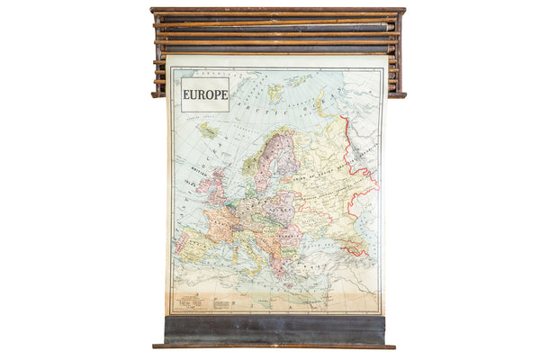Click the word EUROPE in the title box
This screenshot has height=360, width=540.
[205, 94]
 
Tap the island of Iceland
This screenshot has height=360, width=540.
[209, 131]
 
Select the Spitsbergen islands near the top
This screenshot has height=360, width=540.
[274, 91]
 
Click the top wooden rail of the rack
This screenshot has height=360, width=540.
[277, 11]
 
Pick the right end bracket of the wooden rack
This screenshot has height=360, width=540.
[398, 54]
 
